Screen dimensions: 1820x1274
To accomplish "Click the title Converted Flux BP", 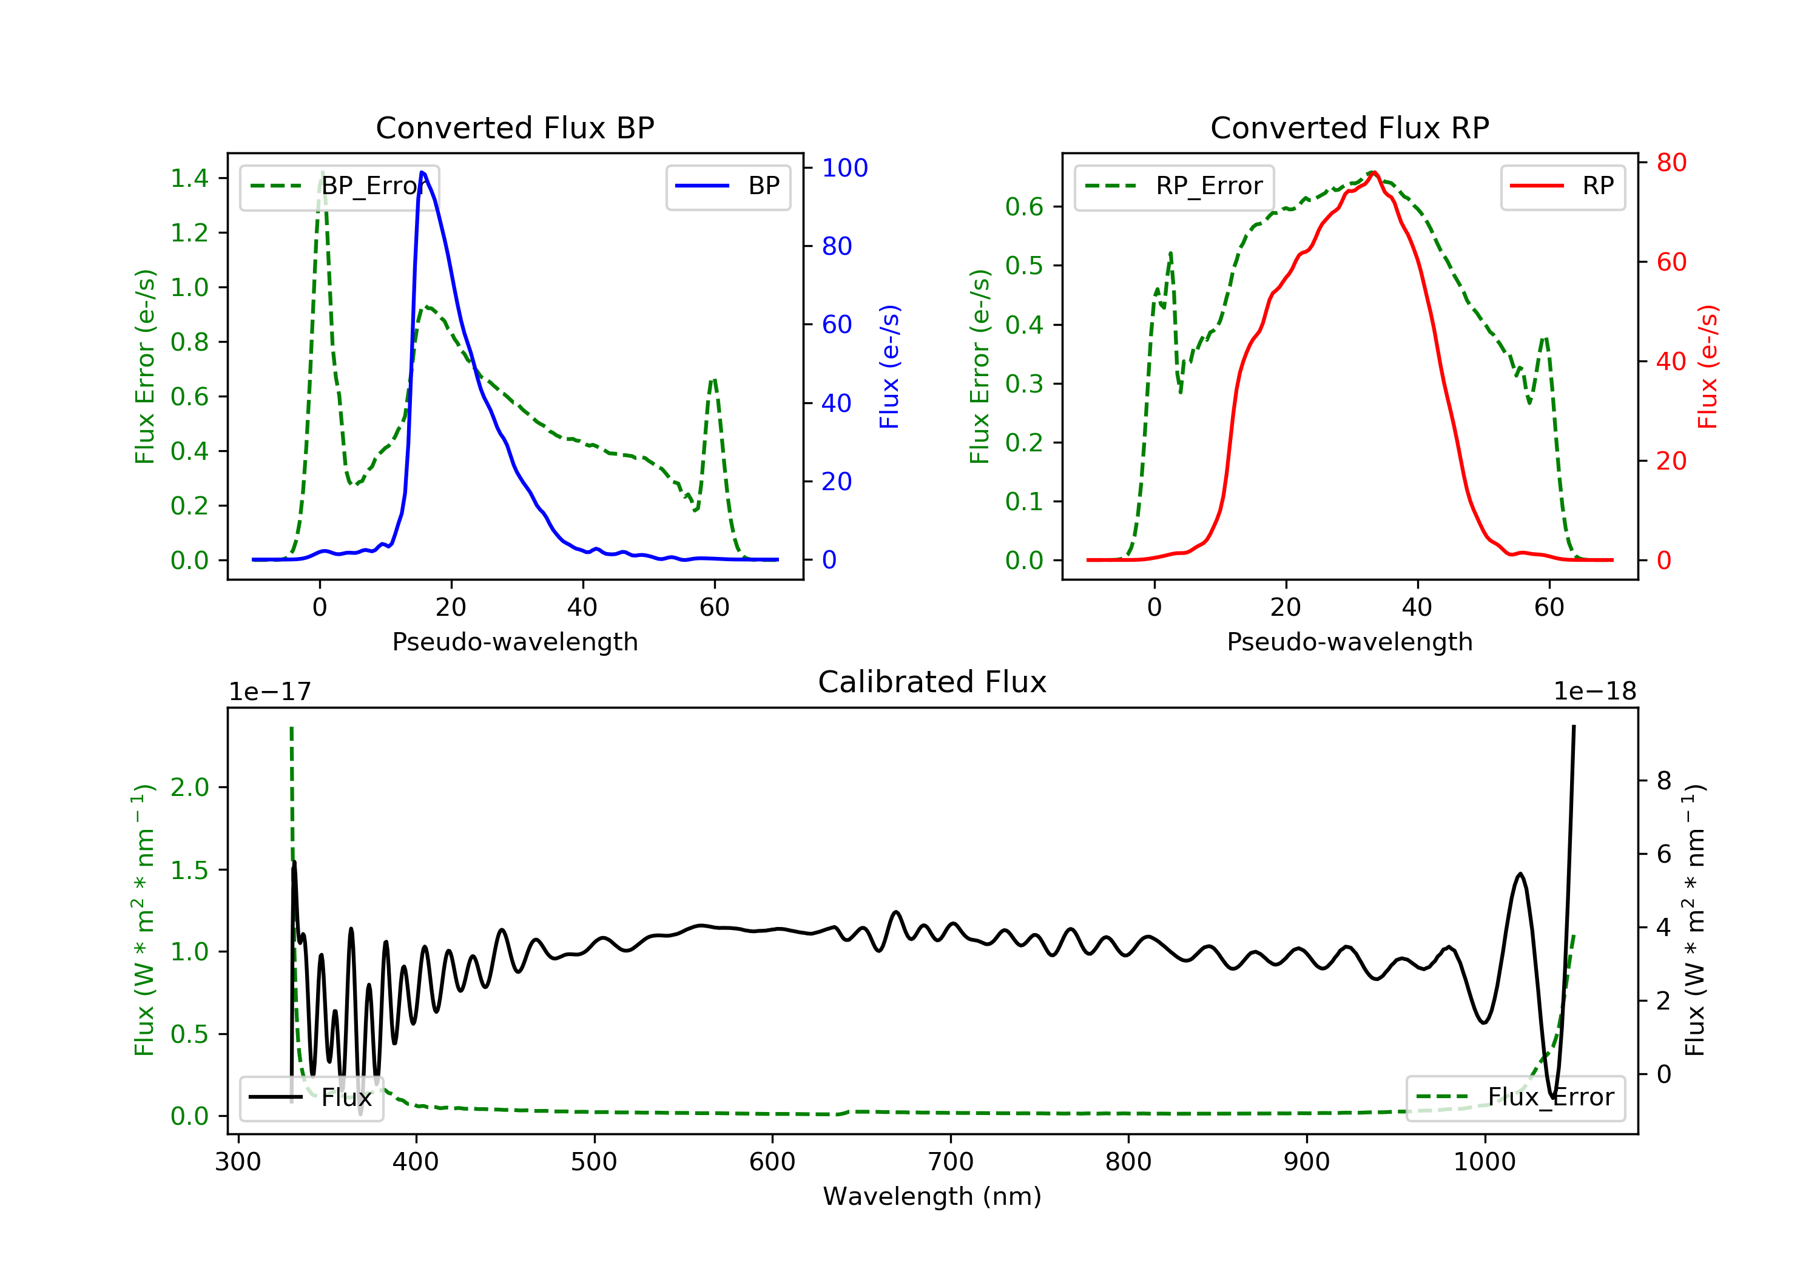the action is (515, 127).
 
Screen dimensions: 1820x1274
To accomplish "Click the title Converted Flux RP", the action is (1350, 127).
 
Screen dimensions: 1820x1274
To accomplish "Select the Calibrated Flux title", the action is (932, 682).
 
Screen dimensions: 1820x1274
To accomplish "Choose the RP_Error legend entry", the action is (1174, 186).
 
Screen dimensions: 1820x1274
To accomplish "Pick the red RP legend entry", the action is (1562, 186).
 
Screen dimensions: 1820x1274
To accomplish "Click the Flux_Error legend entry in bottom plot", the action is (1515, 1097).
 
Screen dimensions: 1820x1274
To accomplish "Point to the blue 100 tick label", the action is (845, 168).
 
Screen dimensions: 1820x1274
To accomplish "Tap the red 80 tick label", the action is (1672, 163).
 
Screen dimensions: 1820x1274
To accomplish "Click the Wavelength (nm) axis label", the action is (932, 1196).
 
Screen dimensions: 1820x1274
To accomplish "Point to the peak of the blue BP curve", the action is (422, 172).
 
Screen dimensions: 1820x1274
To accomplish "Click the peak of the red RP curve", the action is (1373, 172).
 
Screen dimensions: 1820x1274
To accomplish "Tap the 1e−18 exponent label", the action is (1595, 692).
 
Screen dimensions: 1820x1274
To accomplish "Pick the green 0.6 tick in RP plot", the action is (1024, 207).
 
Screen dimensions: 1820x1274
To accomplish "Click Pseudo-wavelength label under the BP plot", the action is (515, 641).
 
